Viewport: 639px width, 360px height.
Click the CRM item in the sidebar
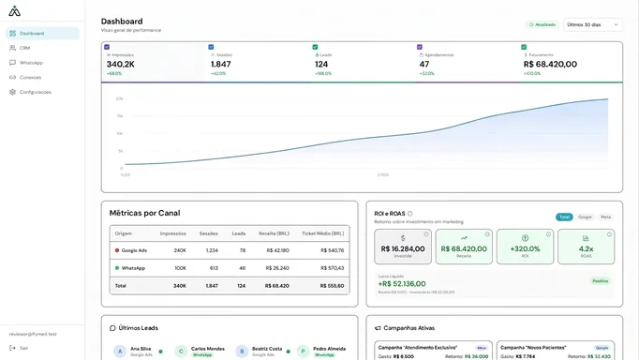click(25, 48)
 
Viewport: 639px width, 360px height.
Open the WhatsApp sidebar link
click(31, 63)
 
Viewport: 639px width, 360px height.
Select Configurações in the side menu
click(35, 92)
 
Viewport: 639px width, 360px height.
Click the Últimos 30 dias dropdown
click(592, 24)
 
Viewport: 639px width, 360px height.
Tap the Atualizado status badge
click(542, 24)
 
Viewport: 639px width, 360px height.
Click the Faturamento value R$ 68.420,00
click(550, 64)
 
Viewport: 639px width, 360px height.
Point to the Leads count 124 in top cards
click(321, 64)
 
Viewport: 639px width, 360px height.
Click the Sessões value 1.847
click(220, 64)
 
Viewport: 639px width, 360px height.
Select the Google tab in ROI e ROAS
click(585, 217)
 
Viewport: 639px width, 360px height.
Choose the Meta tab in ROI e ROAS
click(605, 217)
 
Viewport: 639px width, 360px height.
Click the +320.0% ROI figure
click(525, 248)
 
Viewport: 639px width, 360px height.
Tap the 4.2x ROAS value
click(586, 248)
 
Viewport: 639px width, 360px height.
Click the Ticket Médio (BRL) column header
click(322, 233)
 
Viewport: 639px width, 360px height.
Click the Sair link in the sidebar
click(23, 348)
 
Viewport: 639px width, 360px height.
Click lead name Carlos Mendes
click(207, 348)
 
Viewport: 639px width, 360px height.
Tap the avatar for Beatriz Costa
click(242, 352)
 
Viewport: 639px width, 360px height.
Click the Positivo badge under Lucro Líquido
click(600, 280)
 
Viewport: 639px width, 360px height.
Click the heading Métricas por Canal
click(144, 213)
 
